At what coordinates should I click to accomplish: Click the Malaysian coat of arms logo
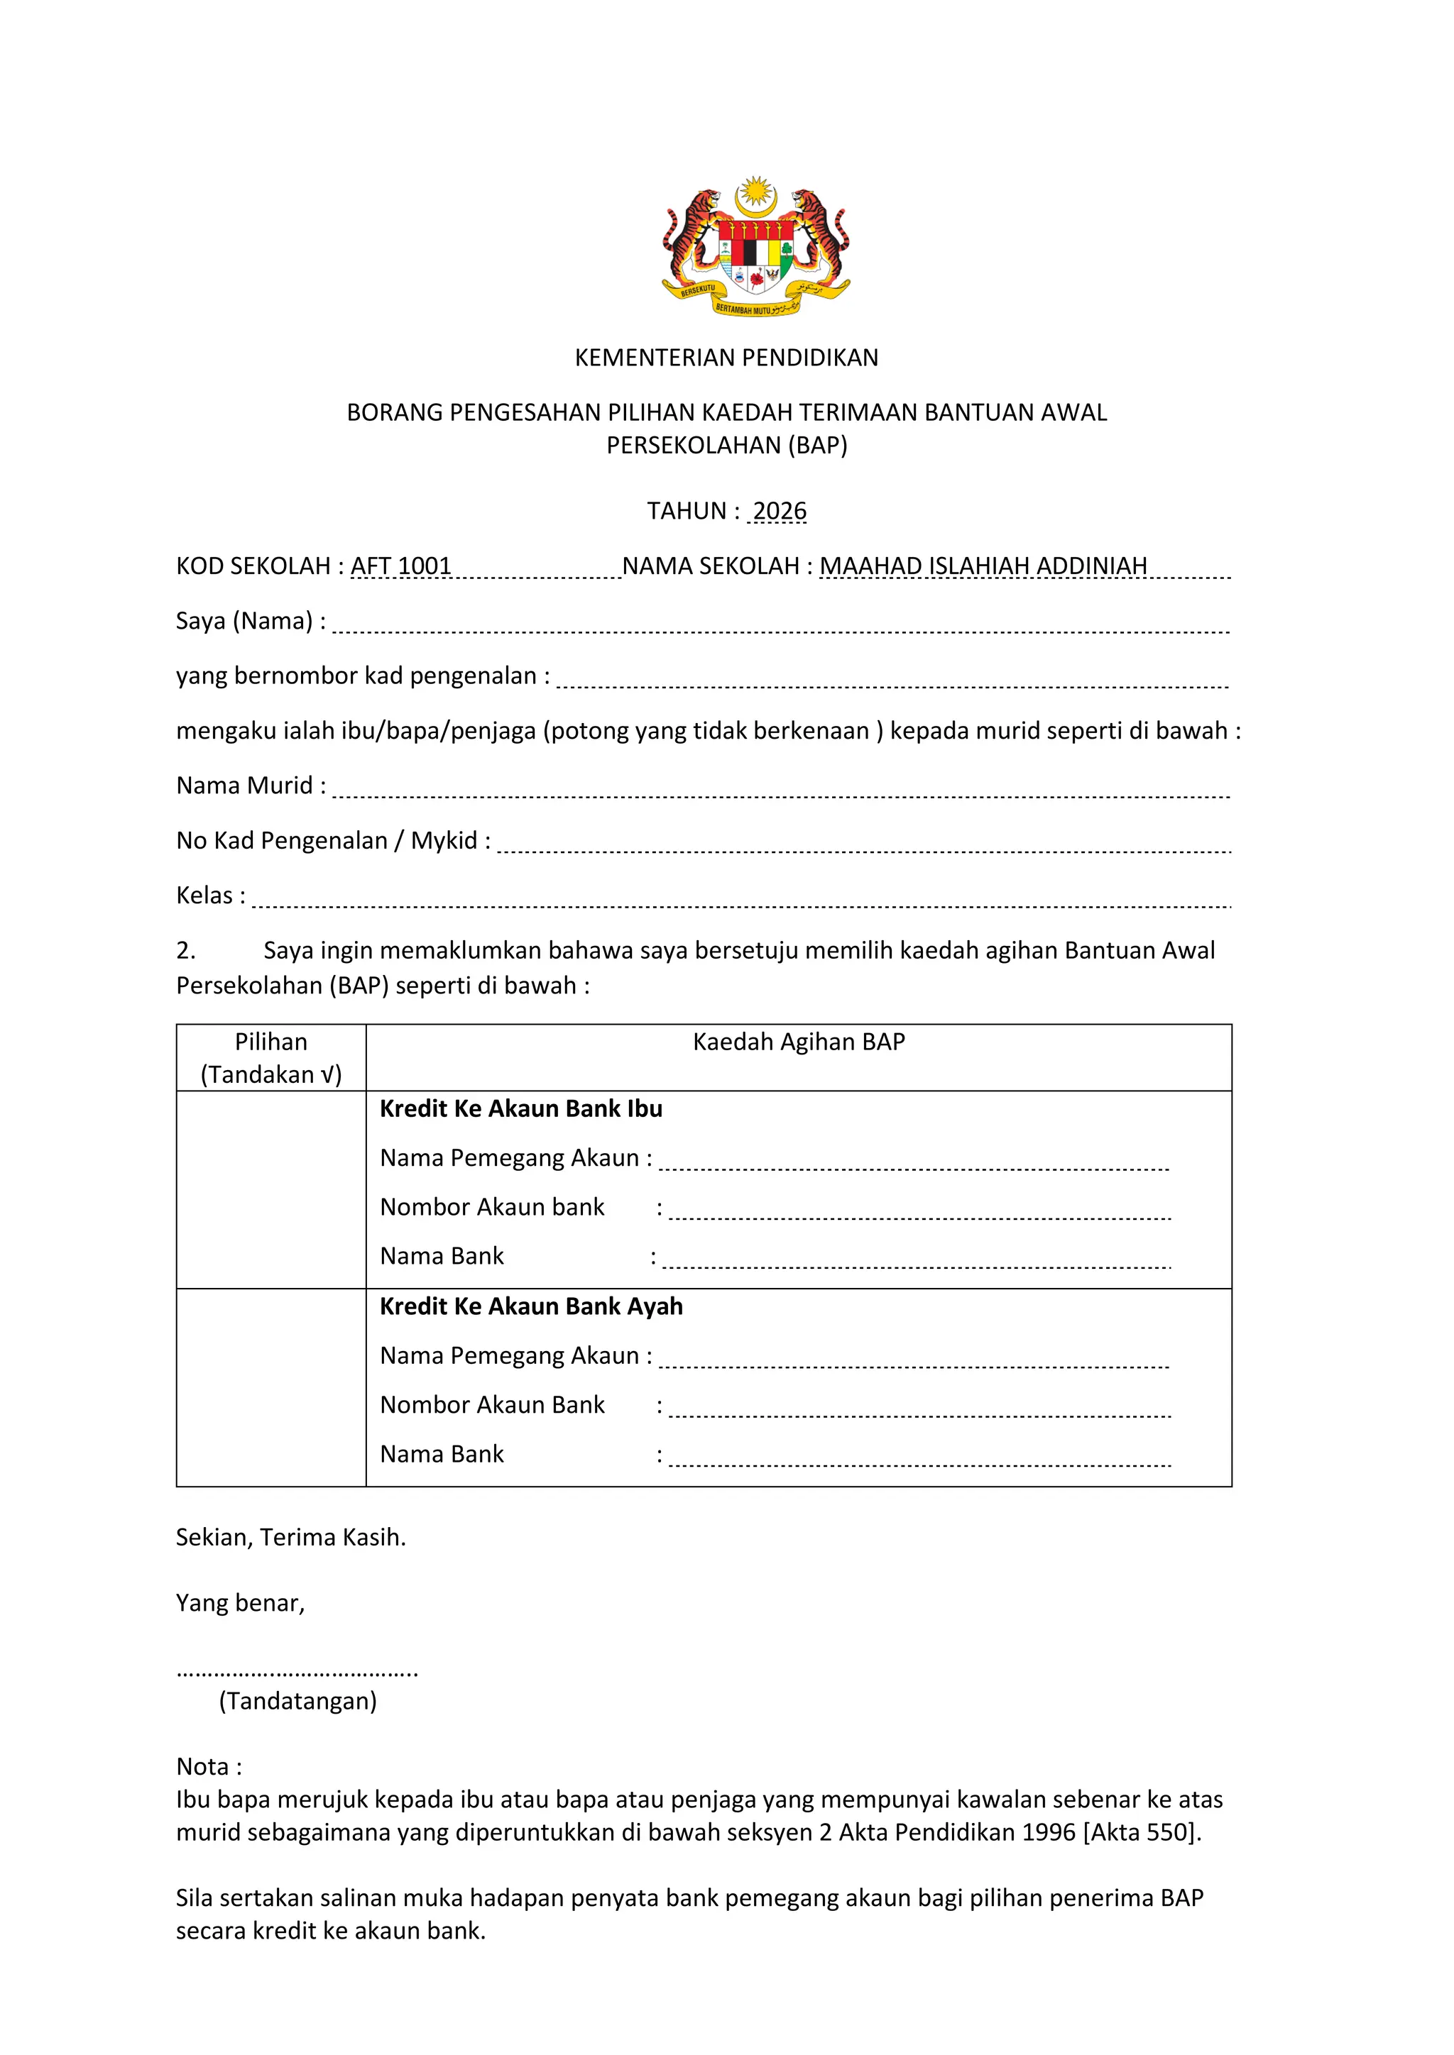pyautogui.click(x=755, y=246)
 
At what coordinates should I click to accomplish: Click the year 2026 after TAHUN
pyautogui.click(x=779, y=511)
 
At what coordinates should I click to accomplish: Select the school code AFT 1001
pyautogui.click(x=401, y=566)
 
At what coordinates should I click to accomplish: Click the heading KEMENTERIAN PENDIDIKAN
pyautogui.click(x=726, y=358)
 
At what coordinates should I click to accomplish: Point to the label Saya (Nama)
pyautogui.click(x=250, y=621)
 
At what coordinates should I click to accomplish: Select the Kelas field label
pyautogui.click(x=210, y=895)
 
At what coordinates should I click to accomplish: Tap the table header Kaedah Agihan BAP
pyautogui.click(x=799, y=1042)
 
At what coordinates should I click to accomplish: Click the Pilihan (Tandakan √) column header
pyautogui.click(x=271, y=1058)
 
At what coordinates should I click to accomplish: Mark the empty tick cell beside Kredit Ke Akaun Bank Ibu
pyautogui.click(x=271, y=1189)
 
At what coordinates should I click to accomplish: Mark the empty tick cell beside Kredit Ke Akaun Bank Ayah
pyautogui.click(x=271, y=1387)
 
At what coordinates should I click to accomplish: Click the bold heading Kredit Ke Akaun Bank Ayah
pyautogui.click(x=531, y=1307)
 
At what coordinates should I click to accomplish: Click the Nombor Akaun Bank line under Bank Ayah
pyautogui.click(x=919, y=1409)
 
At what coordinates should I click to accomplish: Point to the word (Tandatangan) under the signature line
pyautogui.click(x=298, y=1702)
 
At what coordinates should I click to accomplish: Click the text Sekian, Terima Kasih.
pyautogui.click(x=291, y=1538)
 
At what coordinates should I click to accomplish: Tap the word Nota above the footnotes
pyautogui.click(x=209, y=1767)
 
